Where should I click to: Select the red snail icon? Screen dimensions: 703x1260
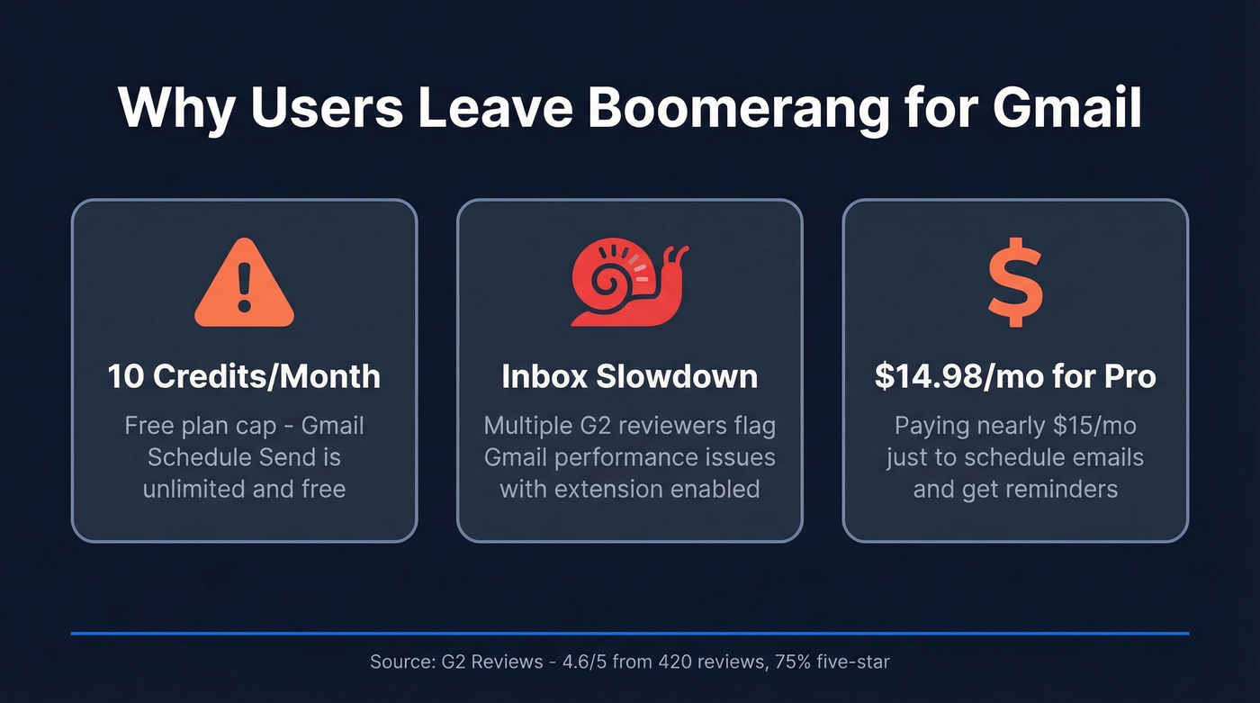pyautogui.click(x=628, y=285)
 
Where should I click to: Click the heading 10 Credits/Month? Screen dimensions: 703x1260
pyautogui.click(x=244, y=376)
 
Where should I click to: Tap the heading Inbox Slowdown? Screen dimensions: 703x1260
pyautogui.click(x=629, y=376)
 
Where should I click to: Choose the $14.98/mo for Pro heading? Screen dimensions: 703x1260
pyautogui.click(x=1015, y=376)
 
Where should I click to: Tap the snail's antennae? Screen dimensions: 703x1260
pyautogui.click(x=674, y=254)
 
